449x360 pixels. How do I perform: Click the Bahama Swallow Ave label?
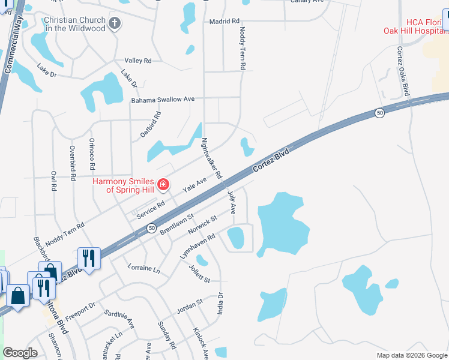(x=163, y=100)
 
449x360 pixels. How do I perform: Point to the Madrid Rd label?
(x=224, y=22)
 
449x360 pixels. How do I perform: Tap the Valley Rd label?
(x=138, y=61)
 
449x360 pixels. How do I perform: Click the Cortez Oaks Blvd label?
(x=402, y=71)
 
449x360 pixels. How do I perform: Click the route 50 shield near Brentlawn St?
(x=151, y=228)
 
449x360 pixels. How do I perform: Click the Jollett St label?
(x=199, y=273)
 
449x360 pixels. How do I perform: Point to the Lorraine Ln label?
(x=144, y=268)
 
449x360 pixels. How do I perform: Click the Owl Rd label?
(x=53, y=180)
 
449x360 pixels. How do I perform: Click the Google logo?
(x=20, y=353)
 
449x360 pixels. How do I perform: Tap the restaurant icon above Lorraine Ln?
(x=89, y=259)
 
